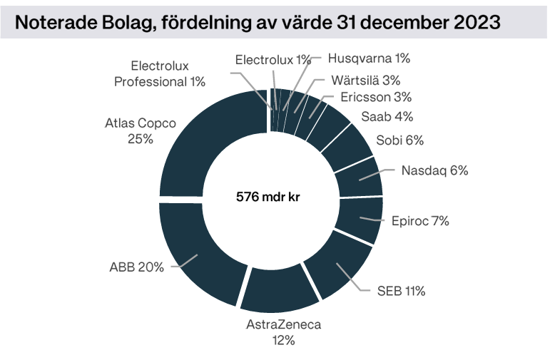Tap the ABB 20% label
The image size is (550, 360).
136,267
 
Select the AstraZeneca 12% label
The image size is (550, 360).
283,332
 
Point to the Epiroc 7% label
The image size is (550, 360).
420,221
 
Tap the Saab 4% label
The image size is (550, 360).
387,116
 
